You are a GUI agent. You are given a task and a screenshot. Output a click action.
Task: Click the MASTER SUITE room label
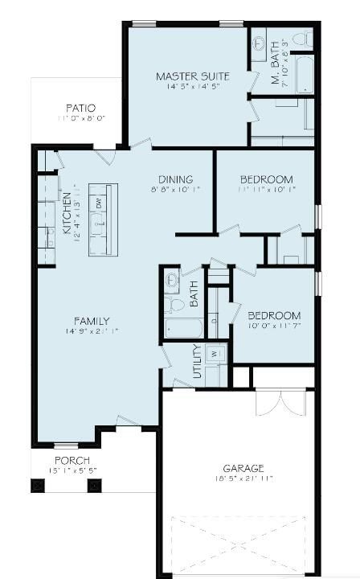(x=192, y=76)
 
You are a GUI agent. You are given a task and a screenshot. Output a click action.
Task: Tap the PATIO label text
(x=80, y=108)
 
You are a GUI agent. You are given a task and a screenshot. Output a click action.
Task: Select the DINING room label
(x=174, y=179)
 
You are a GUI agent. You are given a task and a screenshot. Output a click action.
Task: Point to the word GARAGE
(x=243, y=467)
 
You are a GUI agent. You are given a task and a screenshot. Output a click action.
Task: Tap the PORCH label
(x=72, y=460)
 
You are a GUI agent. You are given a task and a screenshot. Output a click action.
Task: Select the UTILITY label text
(x=197, y=363)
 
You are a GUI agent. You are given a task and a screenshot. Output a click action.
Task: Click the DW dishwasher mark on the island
(x=99, y=203)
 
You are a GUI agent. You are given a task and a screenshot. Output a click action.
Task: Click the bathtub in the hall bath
(x=184, y=328)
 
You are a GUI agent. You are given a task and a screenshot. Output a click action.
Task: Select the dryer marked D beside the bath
(x=213, y=322)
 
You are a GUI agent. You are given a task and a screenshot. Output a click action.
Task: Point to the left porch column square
(x=37, y=485)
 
